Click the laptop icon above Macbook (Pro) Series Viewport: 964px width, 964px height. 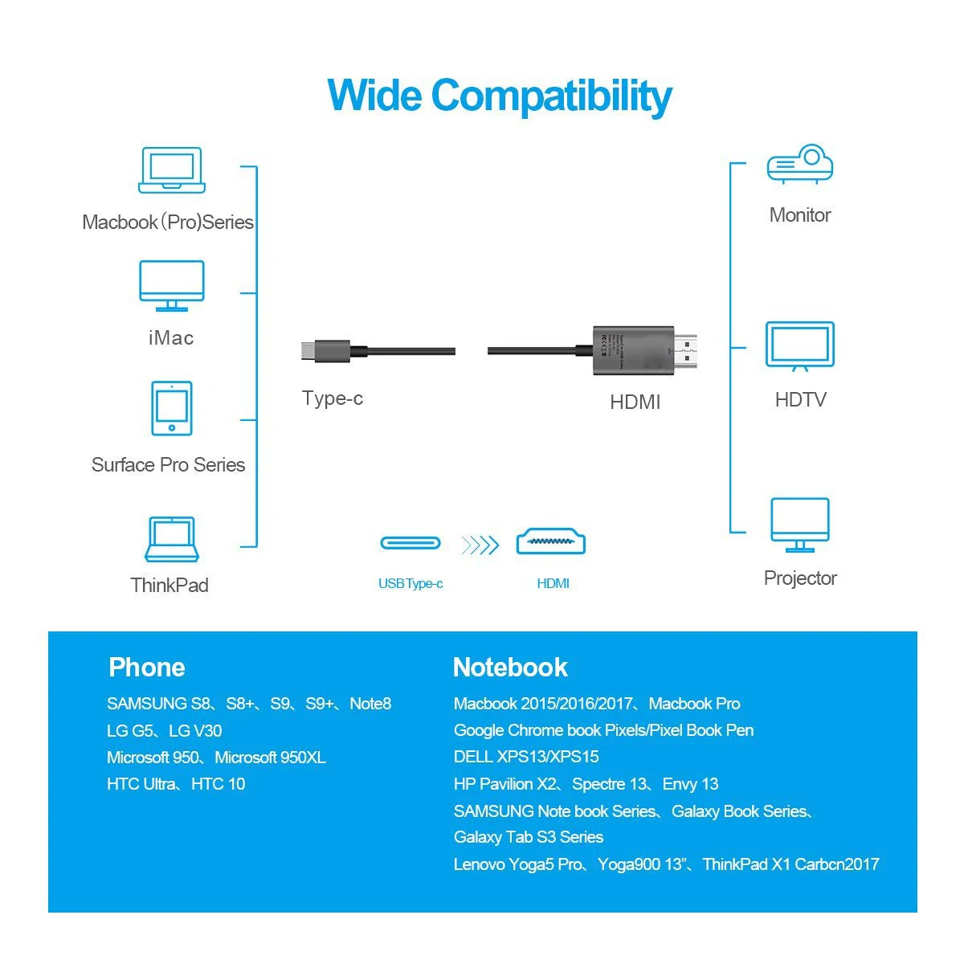(x=171, y=170)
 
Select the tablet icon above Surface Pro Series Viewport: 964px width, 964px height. (x=172, y=408)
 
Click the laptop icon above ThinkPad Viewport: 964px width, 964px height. (x=171, y=539)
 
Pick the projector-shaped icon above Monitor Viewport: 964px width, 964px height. (x=800, y=165)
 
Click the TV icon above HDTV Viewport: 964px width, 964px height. (x=800, y=346)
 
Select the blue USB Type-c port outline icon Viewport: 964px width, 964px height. (x=411, y=543)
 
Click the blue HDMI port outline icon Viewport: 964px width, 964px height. (x=551, y=543)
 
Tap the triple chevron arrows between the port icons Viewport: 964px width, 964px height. (x=480, y=546)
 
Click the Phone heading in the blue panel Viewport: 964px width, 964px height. (x=146, y=667)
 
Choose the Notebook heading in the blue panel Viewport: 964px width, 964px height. (x=510, y=667)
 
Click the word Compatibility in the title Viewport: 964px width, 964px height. (x=551, y=96)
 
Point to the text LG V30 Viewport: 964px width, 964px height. (x=195, y=731)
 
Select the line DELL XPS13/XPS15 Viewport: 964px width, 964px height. (x=526, y=757)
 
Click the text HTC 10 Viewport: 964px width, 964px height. (x=218, y=784)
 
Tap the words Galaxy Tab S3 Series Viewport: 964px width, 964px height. (x=529, y=837)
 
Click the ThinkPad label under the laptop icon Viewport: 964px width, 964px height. (x=170, y=585)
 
